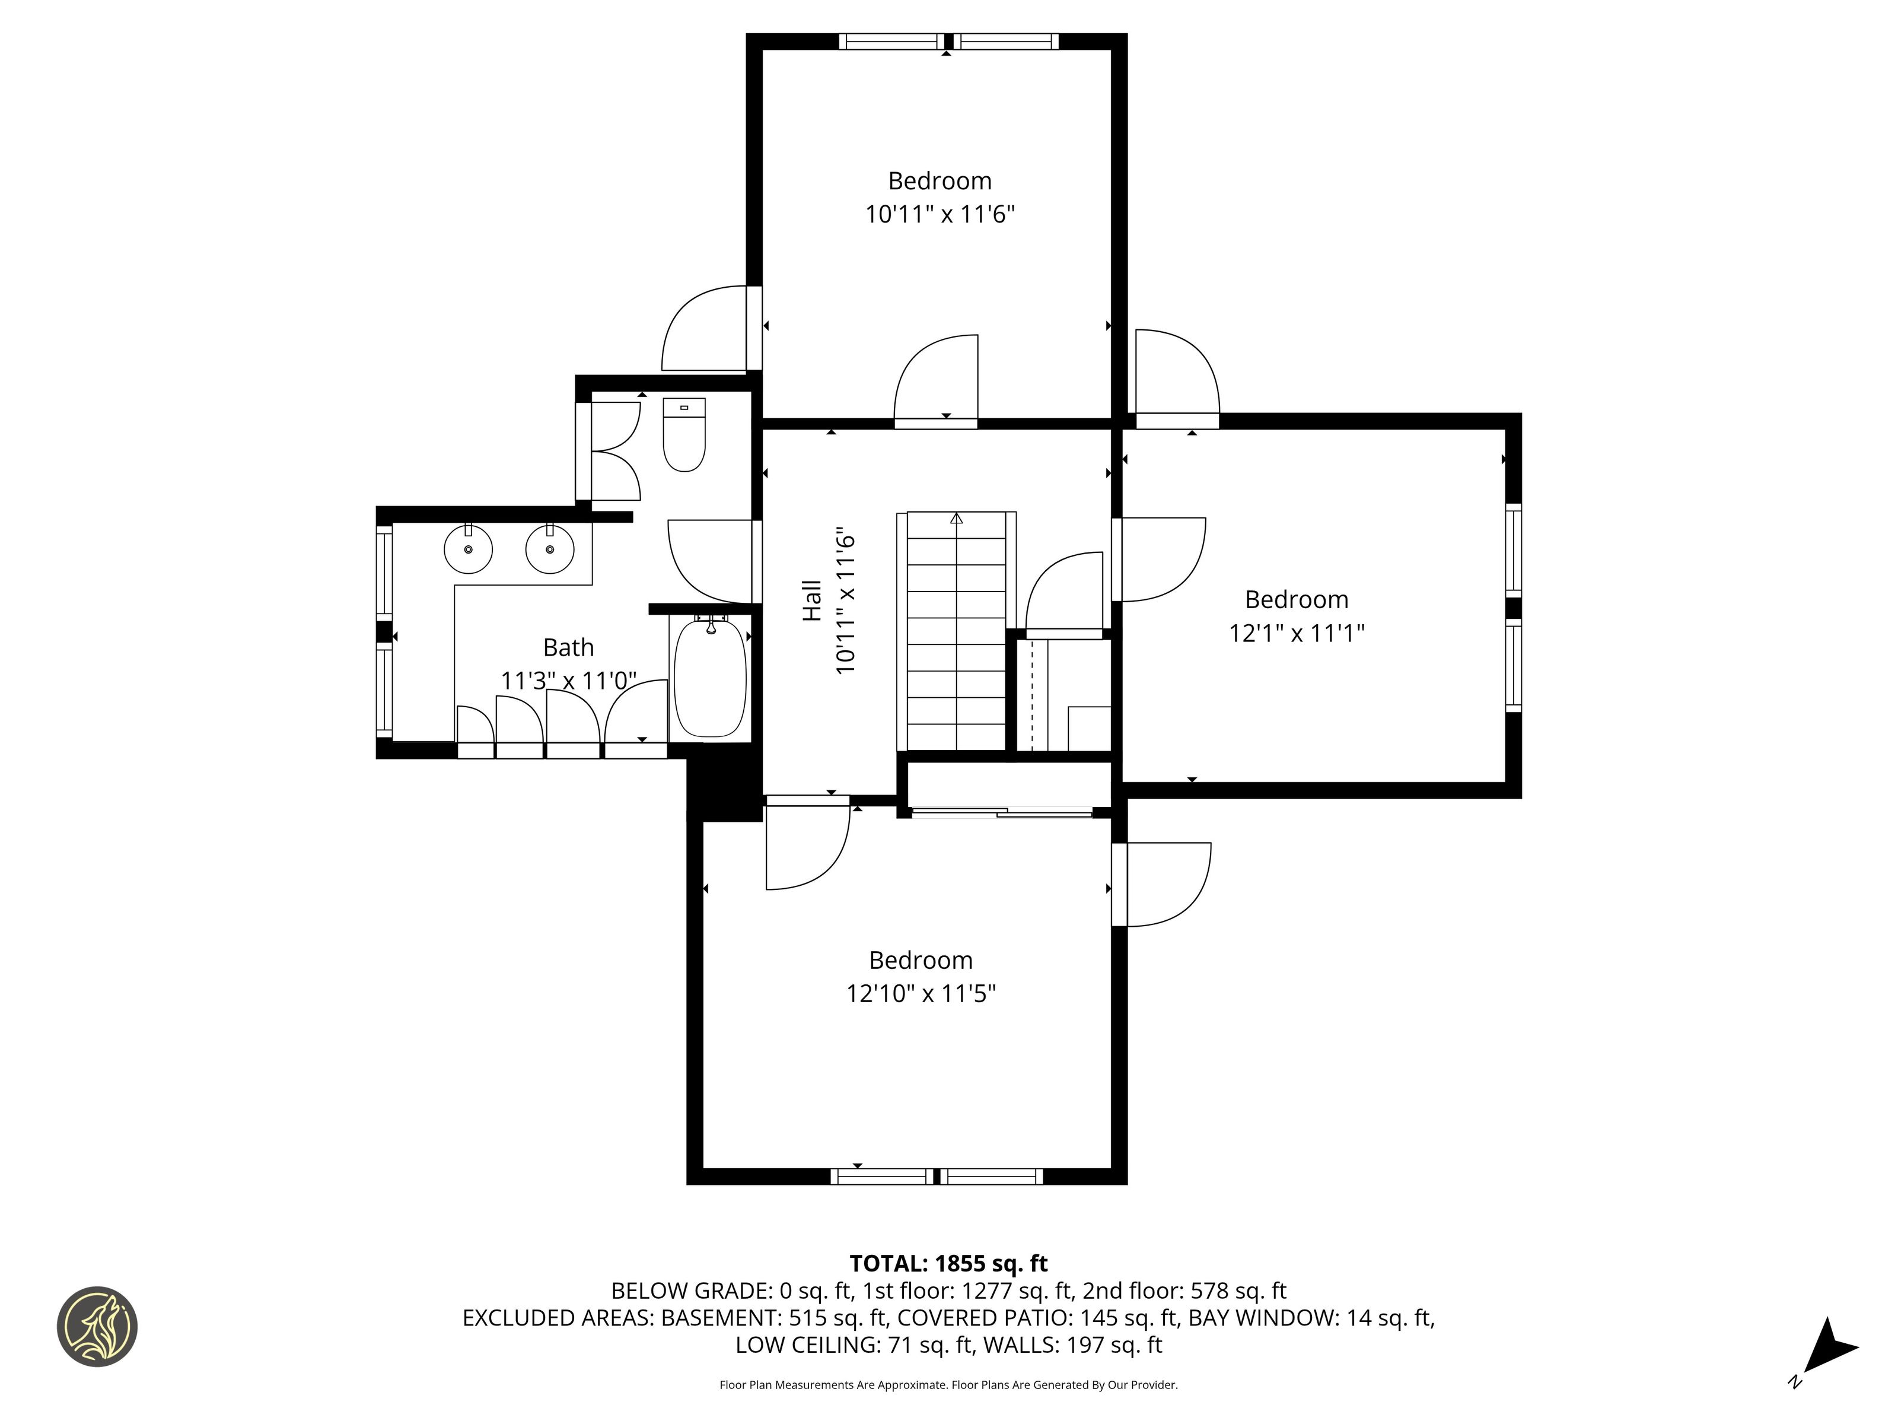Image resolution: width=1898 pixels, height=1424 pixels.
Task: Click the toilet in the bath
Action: coord(684,434)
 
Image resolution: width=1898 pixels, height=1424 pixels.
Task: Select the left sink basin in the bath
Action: coord(467,549)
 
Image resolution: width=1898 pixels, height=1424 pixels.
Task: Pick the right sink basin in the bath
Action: coord(549,549)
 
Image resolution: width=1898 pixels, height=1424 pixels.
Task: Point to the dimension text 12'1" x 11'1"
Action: coord(1297,634)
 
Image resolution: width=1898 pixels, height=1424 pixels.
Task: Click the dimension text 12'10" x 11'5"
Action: coord(921,994)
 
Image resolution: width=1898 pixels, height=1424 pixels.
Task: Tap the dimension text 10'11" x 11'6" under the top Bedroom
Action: coord(940,214)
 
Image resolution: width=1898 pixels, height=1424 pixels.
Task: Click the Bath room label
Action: coord(568,647)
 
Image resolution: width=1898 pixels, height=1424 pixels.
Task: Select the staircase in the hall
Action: coord(957,632)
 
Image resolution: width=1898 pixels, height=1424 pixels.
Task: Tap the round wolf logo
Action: coord(97,1326)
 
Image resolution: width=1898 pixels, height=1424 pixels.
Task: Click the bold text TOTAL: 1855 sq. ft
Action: coord(948,1263)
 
